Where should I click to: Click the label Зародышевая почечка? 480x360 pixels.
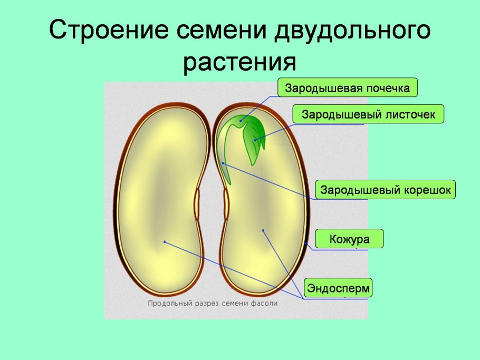click(348, 88)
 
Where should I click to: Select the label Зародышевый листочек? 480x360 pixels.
click(369, 114)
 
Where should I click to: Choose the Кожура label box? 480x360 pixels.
click(349, 239)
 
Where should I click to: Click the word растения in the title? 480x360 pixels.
click(240, 62)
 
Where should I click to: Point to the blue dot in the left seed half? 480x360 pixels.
click(165, 242)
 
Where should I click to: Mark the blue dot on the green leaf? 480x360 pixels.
click(255, 140)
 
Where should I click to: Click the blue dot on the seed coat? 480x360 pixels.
click(306, 244)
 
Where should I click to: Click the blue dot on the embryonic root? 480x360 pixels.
click(223, 163)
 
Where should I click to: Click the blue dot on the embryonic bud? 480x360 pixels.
click(241, 121)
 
